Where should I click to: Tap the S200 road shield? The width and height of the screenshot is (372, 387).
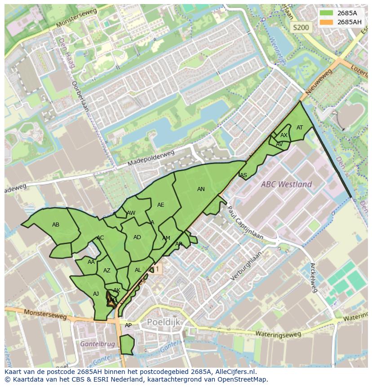coord(301,27)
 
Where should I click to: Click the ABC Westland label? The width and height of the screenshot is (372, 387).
coord(287,184)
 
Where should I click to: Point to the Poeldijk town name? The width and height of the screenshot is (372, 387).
coord(164,322)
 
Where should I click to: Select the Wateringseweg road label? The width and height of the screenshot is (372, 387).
coord(278,334)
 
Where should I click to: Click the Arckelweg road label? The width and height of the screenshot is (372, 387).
coord(314,277)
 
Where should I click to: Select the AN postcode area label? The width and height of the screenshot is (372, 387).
coord(201,189)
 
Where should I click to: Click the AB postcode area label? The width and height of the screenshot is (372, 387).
coord(56,225)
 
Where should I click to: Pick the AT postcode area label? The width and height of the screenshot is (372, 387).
coord(300,128)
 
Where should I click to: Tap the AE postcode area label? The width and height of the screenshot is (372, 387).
coord(160,205)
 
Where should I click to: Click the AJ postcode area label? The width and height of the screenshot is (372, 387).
coord(96,294)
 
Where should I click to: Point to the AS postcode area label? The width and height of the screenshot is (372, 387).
coord(244,175)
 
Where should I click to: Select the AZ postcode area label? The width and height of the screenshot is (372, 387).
coord(106,271)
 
